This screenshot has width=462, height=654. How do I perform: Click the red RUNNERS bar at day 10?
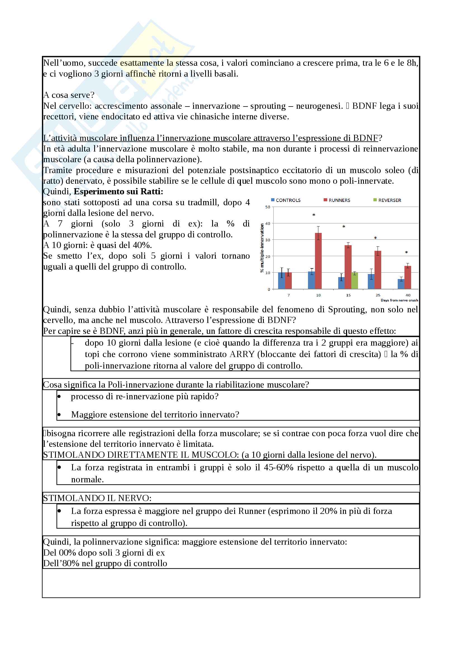point(318,261)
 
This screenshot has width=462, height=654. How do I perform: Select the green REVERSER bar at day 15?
point(354,281)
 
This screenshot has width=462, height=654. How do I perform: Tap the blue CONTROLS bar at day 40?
point(401,284)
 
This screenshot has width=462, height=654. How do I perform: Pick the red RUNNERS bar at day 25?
point(378,270)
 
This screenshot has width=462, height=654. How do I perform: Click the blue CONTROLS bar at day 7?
point(281,280)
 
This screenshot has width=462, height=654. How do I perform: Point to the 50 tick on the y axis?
point(267,207)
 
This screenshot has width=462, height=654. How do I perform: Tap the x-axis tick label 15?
point(348,295)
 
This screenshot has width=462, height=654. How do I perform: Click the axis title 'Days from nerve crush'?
point(399,300)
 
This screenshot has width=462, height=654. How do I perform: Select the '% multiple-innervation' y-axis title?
point(262,248)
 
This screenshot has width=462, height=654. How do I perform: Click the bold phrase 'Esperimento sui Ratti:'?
point(119,192)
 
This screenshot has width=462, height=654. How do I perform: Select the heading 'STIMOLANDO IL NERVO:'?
point(97,498)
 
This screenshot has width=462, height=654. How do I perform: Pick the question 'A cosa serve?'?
point(68,95)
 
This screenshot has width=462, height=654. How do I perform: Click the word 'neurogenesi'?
point(318,106)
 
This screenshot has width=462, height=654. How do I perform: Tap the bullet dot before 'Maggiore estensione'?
point(59,414)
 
